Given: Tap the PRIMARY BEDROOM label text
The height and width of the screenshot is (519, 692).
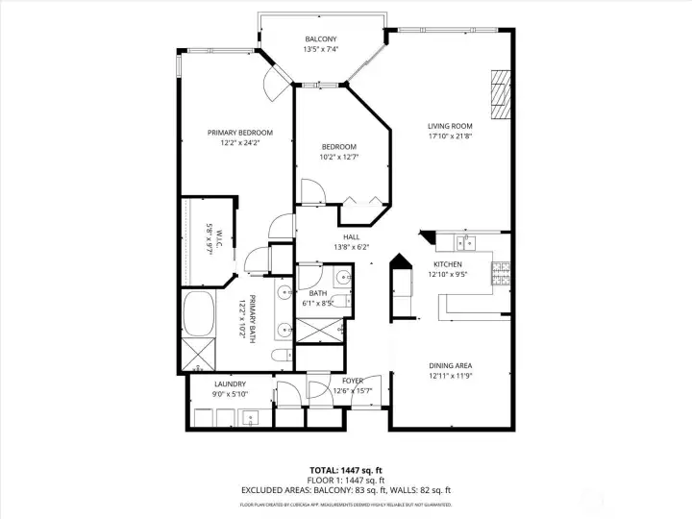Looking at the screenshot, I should [x=240, y=133].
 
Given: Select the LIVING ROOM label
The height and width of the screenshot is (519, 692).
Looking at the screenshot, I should [x=450, y=125].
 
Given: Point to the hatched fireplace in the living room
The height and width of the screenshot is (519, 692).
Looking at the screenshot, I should [x=498, y=94].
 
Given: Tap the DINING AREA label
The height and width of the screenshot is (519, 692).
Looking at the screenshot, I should [x=449, y=365].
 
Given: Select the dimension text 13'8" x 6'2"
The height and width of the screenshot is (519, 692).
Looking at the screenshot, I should [x=351, y=247].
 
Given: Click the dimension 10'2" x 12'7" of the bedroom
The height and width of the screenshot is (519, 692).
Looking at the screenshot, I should [x=339, y=157].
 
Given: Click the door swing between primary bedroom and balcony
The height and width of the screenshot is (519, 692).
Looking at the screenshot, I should [x=277, y=84].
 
